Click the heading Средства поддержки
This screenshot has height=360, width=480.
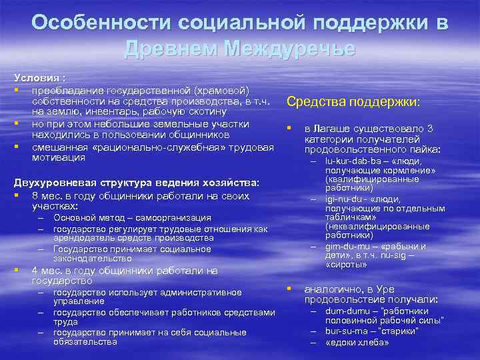(353, 102)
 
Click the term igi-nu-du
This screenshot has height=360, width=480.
(344, 199)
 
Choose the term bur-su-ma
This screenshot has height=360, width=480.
(346, 331)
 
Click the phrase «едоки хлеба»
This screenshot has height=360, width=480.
(357, 342)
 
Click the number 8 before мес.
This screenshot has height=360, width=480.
(35, 196)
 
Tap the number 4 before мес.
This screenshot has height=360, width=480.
(35, 271)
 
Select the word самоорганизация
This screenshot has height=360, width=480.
(175, 217)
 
